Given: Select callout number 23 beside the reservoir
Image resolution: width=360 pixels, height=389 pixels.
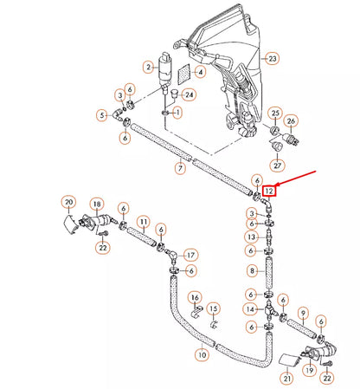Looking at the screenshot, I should click(x=273, y=59).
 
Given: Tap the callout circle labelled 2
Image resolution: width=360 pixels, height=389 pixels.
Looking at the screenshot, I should click(x=148, y=67).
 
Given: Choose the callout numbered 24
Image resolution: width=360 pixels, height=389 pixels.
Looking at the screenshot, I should click(x=190, y=94).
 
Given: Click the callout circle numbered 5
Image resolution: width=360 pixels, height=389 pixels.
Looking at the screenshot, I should click(x=102, y=114).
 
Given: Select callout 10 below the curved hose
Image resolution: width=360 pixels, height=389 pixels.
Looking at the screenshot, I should click(x=201, y=354).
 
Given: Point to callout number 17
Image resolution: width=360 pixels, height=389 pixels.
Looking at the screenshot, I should click(x=190, y=255).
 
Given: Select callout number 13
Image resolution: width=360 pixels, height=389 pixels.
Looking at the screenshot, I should click(x=251, y=237).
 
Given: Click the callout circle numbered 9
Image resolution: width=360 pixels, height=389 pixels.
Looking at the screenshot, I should click(x=303, y=312).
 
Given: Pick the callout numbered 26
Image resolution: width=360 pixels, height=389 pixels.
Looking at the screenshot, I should click(x=292, y=120).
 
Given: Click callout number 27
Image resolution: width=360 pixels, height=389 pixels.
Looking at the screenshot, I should click(x=278, y=165).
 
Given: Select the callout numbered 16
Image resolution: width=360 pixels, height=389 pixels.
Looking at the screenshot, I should click(x=195, y=296).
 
